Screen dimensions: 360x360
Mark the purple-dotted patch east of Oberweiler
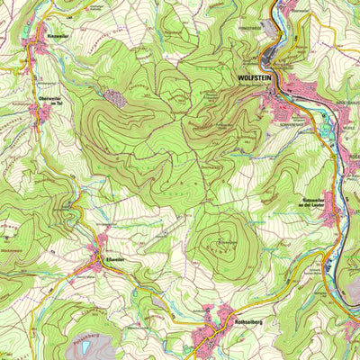pos(115,96)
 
